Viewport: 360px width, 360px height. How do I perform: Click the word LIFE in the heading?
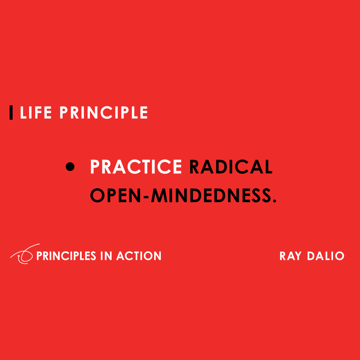36,113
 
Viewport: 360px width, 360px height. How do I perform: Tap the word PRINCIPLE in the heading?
104,113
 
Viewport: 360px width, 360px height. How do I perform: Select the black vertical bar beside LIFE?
11,112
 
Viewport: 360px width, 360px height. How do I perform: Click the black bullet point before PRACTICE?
70,167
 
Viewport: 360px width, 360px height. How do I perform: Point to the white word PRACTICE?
136,167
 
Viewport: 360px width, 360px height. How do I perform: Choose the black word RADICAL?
231,167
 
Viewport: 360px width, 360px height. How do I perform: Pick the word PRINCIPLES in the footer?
66,256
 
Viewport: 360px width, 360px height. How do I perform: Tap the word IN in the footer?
106,256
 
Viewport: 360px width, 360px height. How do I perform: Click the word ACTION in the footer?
139,256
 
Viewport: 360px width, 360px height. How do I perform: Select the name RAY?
291,256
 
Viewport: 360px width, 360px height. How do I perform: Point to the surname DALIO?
326,256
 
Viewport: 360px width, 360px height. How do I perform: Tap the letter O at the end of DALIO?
339,256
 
